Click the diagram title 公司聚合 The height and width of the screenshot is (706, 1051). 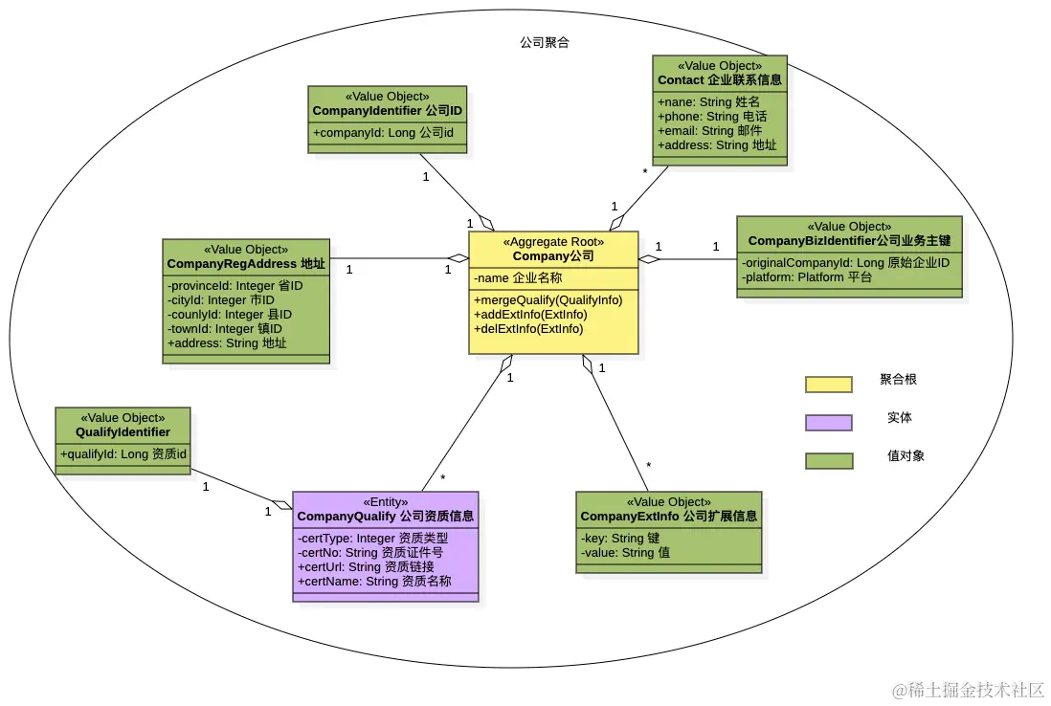click(x=545, y=43)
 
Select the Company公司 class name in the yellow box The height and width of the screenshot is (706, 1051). click(x=553, y=256)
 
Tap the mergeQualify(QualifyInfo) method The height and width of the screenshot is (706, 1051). click(x=548, y=300)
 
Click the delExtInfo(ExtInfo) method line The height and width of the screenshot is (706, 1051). click(x=528, y=328)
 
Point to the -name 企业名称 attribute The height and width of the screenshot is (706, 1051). click(x=518, y=278)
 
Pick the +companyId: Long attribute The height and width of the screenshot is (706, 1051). click(x=383, y=132)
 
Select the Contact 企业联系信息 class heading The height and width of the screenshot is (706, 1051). click(x=720, y=80)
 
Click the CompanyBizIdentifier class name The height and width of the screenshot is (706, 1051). click(x=849, y=241)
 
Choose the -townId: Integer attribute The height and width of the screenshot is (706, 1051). click(x=225, y=328)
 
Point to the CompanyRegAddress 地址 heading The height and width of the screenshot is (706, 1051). click(x=246, y=264)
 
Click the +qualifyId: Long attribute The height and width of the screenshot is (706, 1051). click(x=123, y=454)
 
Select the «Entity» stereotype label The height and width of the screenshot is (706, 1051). click(x=385, y=502)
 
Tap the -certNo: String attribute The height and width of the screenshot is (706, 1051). click(x=370, y=552)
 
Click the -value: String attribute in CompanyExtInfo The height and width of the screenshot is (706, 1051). click(x=625, y=552)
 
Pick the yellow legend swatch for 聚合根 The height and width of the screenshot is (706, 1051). click(x=828, y=384)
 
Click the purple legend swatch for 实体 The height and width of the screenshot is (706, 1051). click(x=828, y=422)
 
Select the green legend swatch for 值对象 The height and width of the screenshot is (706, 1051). click(x=828, y=460)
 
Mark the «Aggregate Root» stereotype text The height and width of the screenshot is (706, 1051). click(x=553, y=242)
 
